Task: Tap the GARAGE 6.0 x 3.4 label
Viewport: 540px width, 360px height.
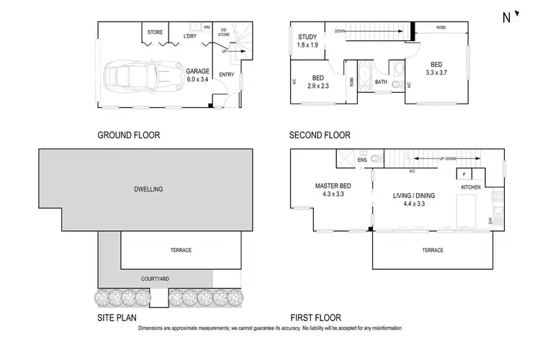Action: (x=197, y=76)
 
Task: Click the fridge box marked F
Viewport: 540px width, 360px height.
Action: (x=465, y=174)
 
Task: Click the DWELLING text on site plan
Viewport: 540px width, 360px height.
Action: (x=149, y=189)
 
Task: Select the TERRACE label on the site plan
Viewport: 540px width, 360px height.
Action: (x=180, y=251)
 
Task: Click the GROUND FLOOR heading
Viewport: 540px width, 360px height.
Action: (x=128, y=135)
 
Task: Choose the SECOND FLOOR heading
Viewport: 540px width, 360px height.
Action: (x=319, y=135)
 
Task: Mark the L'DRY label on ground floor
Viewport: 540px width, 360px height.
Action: (x=190, y=36)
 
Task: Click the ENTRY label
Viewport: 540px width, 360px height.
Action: (x=226, y=73)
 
